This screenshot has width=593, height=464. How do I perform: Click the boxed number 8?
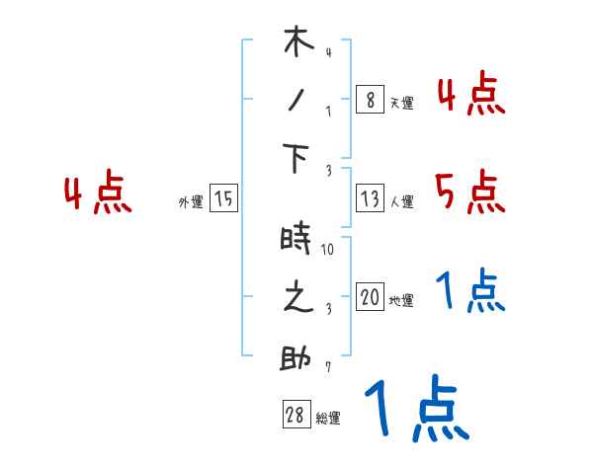[369, 100]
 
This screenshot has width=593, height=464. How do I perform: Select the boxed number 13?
[369, 199]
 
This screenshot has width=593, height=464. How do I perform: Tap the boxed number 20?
[370, 298]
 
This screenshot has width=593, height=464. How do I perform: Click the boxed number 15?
[223, 199]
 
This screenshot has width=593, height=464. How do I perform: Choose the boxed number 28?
[296, 416]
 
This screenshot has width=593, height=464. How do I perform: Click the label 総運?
[328, 419]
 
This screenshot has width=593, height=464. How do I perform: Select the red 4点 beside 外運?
[98, 193]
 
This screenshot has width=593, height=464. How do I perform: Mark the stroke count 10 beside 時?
[328, 250]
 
